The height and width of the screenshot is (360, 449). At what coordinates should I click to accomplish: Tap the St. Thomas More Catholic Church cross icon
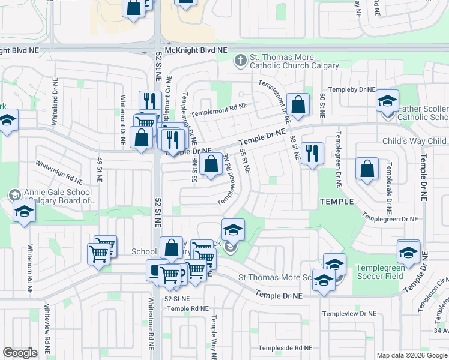click(x=240, y=59)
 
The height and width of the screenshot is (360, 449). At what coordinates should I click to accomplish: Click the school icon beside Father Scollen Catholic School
click(x=388, y=100)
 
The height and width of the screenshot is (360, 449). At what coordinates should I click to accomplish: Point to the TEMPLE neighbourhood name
click(x=337, y=202)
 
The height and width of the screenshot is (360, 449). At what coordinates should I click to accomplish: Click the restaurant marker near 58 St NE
click(x=312, y=154)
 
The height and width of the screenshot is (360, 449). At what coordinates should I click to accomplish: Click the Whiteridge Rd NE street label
click(x=59, y=172)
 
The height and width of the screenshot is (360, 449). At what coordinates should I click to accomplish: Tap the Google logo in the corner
click(x=20, y=353)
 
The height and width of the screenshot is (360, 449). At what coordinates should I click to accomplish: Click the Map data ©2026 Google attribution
click(x=412, y=355)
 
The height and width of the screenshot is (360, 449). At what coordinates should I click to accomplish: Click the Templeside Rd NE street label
click(x=285, y=348)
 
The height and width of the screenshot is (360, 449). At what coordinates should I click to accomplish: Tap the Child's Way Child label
click(x=415, y=142)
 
